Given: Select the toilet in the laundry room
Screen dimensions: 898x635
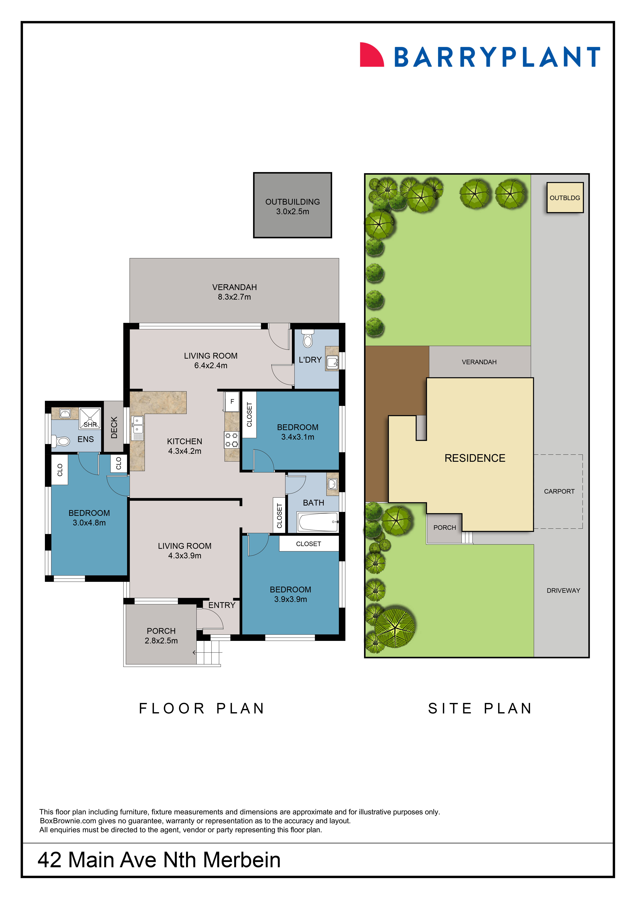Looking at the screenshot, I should coord(308,339).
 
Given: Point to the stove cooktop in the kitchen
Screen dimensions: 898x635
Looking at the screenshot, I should coord(231,440).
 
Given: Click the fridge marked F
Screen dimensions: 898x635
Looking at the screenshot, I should coord(232,402).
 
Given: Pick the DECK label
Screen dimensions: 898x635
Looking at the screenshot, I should coord(114,427).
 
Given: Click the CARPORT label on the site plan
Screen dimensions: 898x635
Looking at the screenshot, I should coord(559,491).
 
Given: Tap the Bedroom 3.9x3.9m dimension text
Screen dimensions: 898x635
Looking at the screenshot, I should coord(290,599).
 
